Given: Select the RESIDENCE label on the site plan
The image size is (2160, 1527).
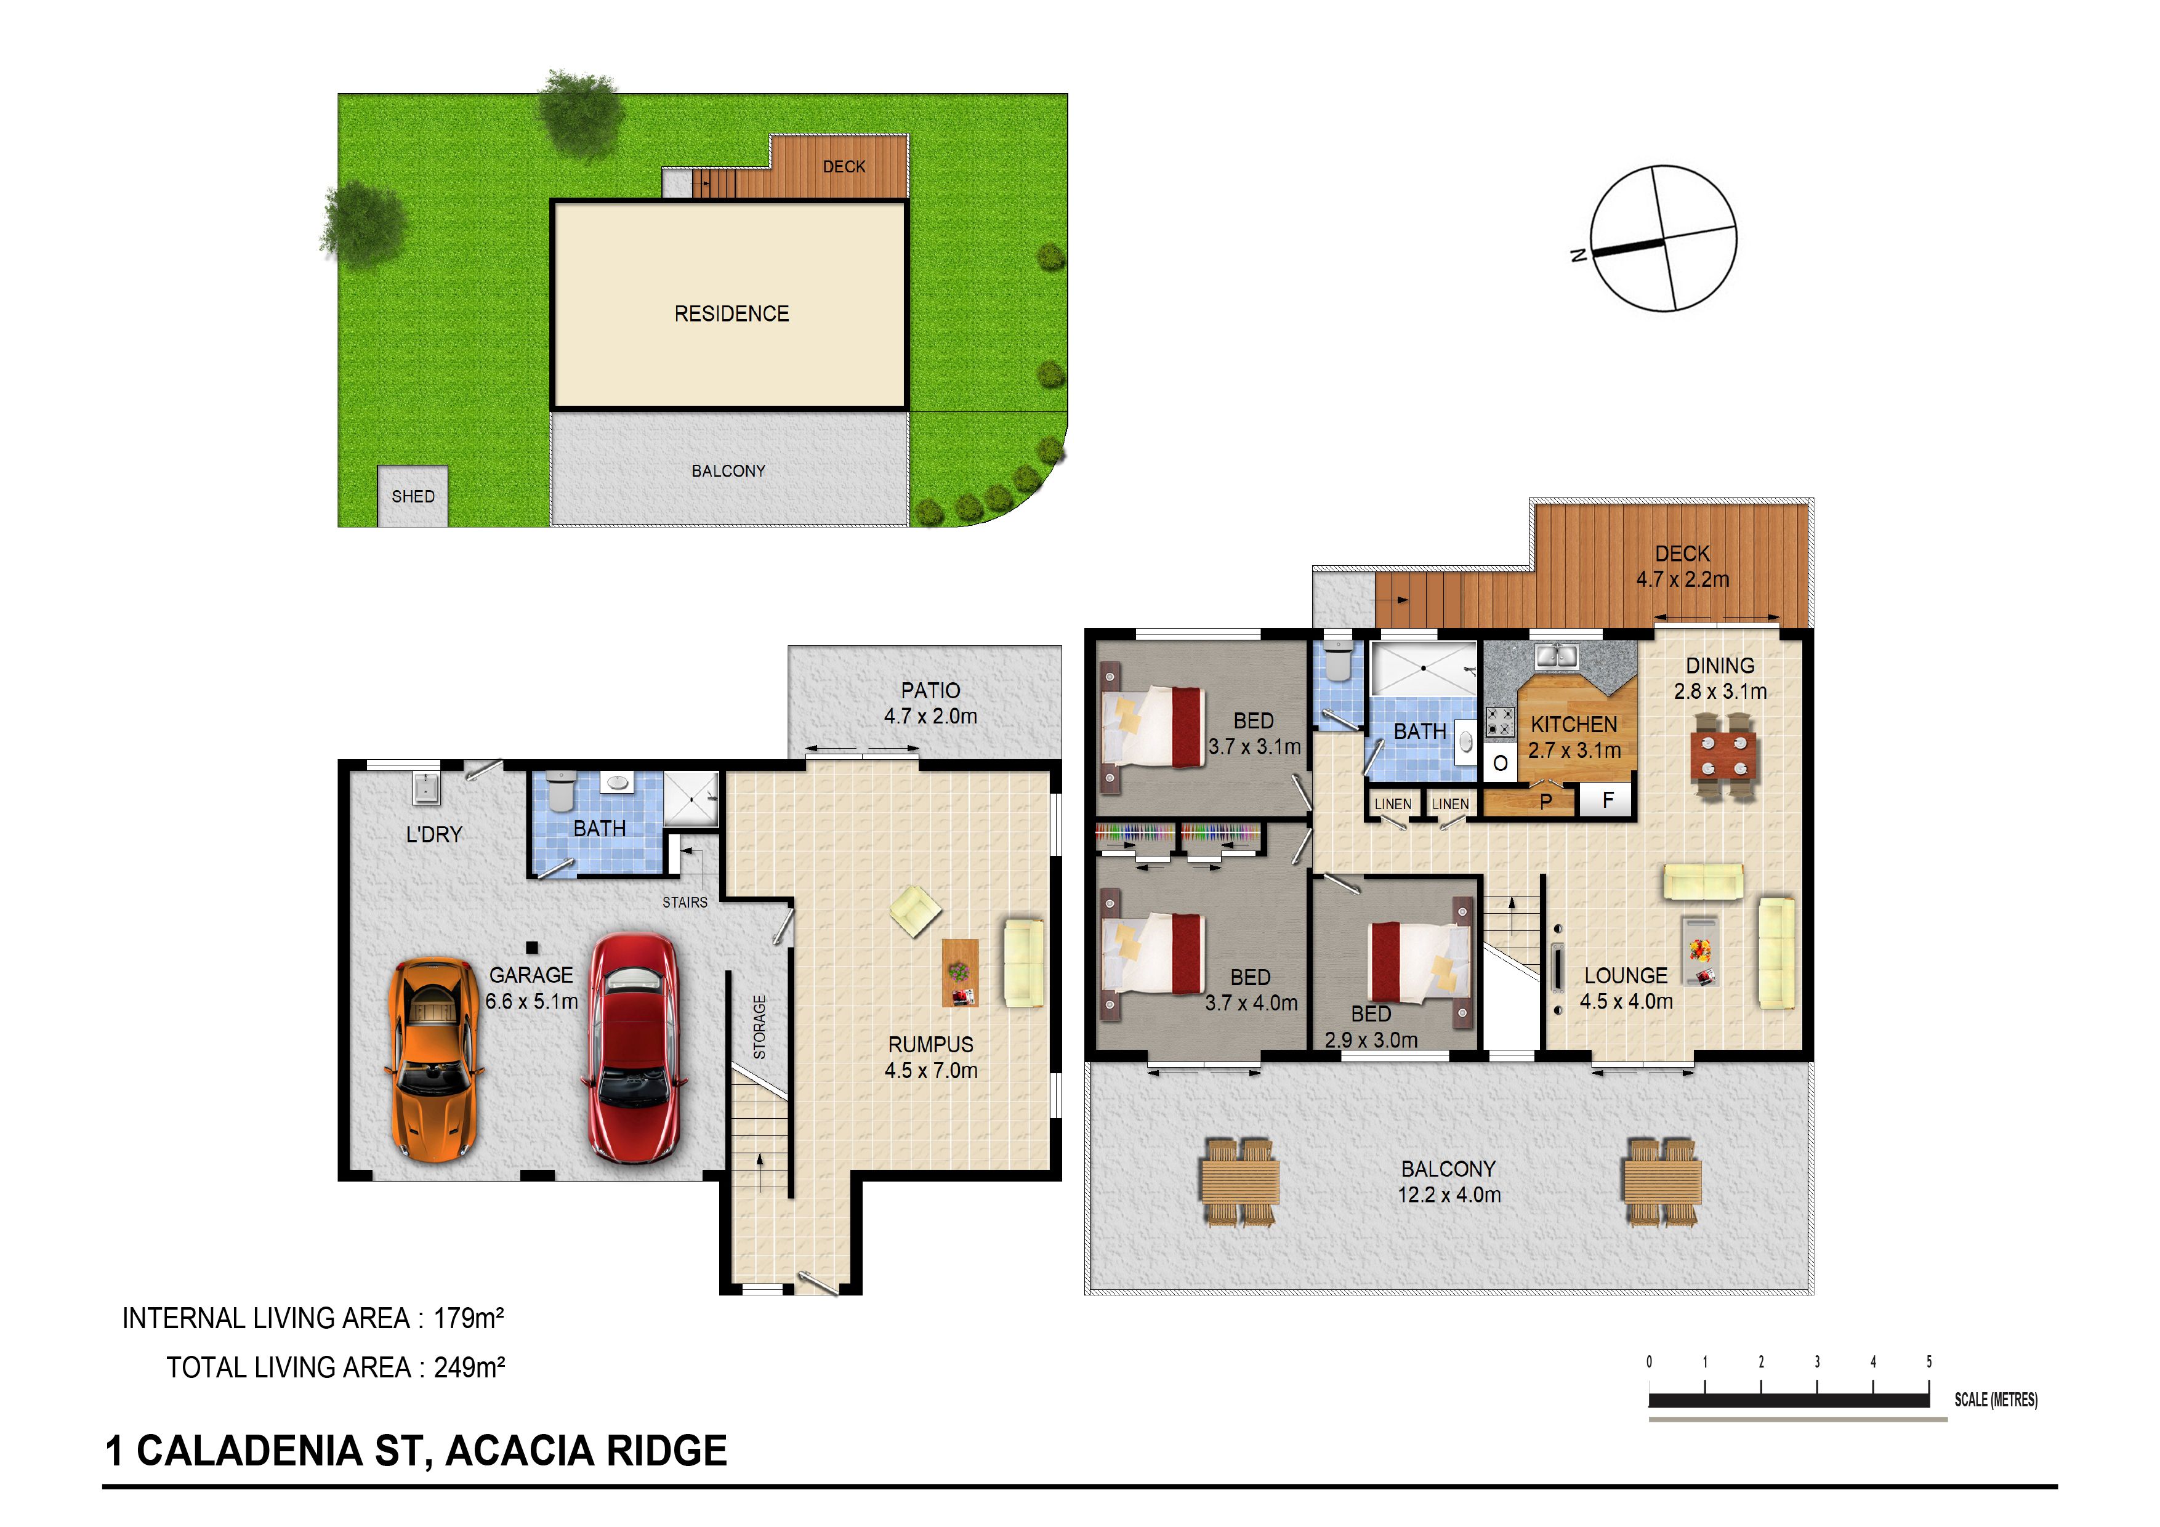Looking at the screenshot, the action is coord(732,313).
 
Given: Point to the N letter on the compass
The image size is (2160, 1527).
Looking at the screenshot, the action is coord(1579,254).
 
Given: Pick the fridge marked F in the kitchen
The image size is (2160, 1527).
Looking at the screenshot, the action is coord(1608,800).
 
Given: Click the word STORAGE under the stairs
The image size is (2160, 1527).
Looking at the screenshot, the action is coord(759,1028).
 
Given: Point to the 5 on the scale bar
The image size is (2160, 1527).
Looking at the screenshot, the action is coord(1928,1361).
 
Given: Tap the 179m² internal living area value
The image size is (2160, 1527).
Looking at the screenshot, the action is coord(467,1318).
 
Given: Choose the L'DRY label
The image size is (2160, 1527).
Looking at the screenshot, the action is coord(433,834).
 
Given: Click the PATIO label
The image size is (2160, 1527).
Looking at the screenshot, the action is coord(930,691).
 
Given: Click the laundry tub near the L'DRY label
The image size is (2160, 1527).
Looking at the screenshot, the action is coord(425,788).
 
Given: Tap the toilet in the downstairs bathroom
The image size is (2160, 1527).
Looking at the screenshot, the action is coord(561,791).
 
